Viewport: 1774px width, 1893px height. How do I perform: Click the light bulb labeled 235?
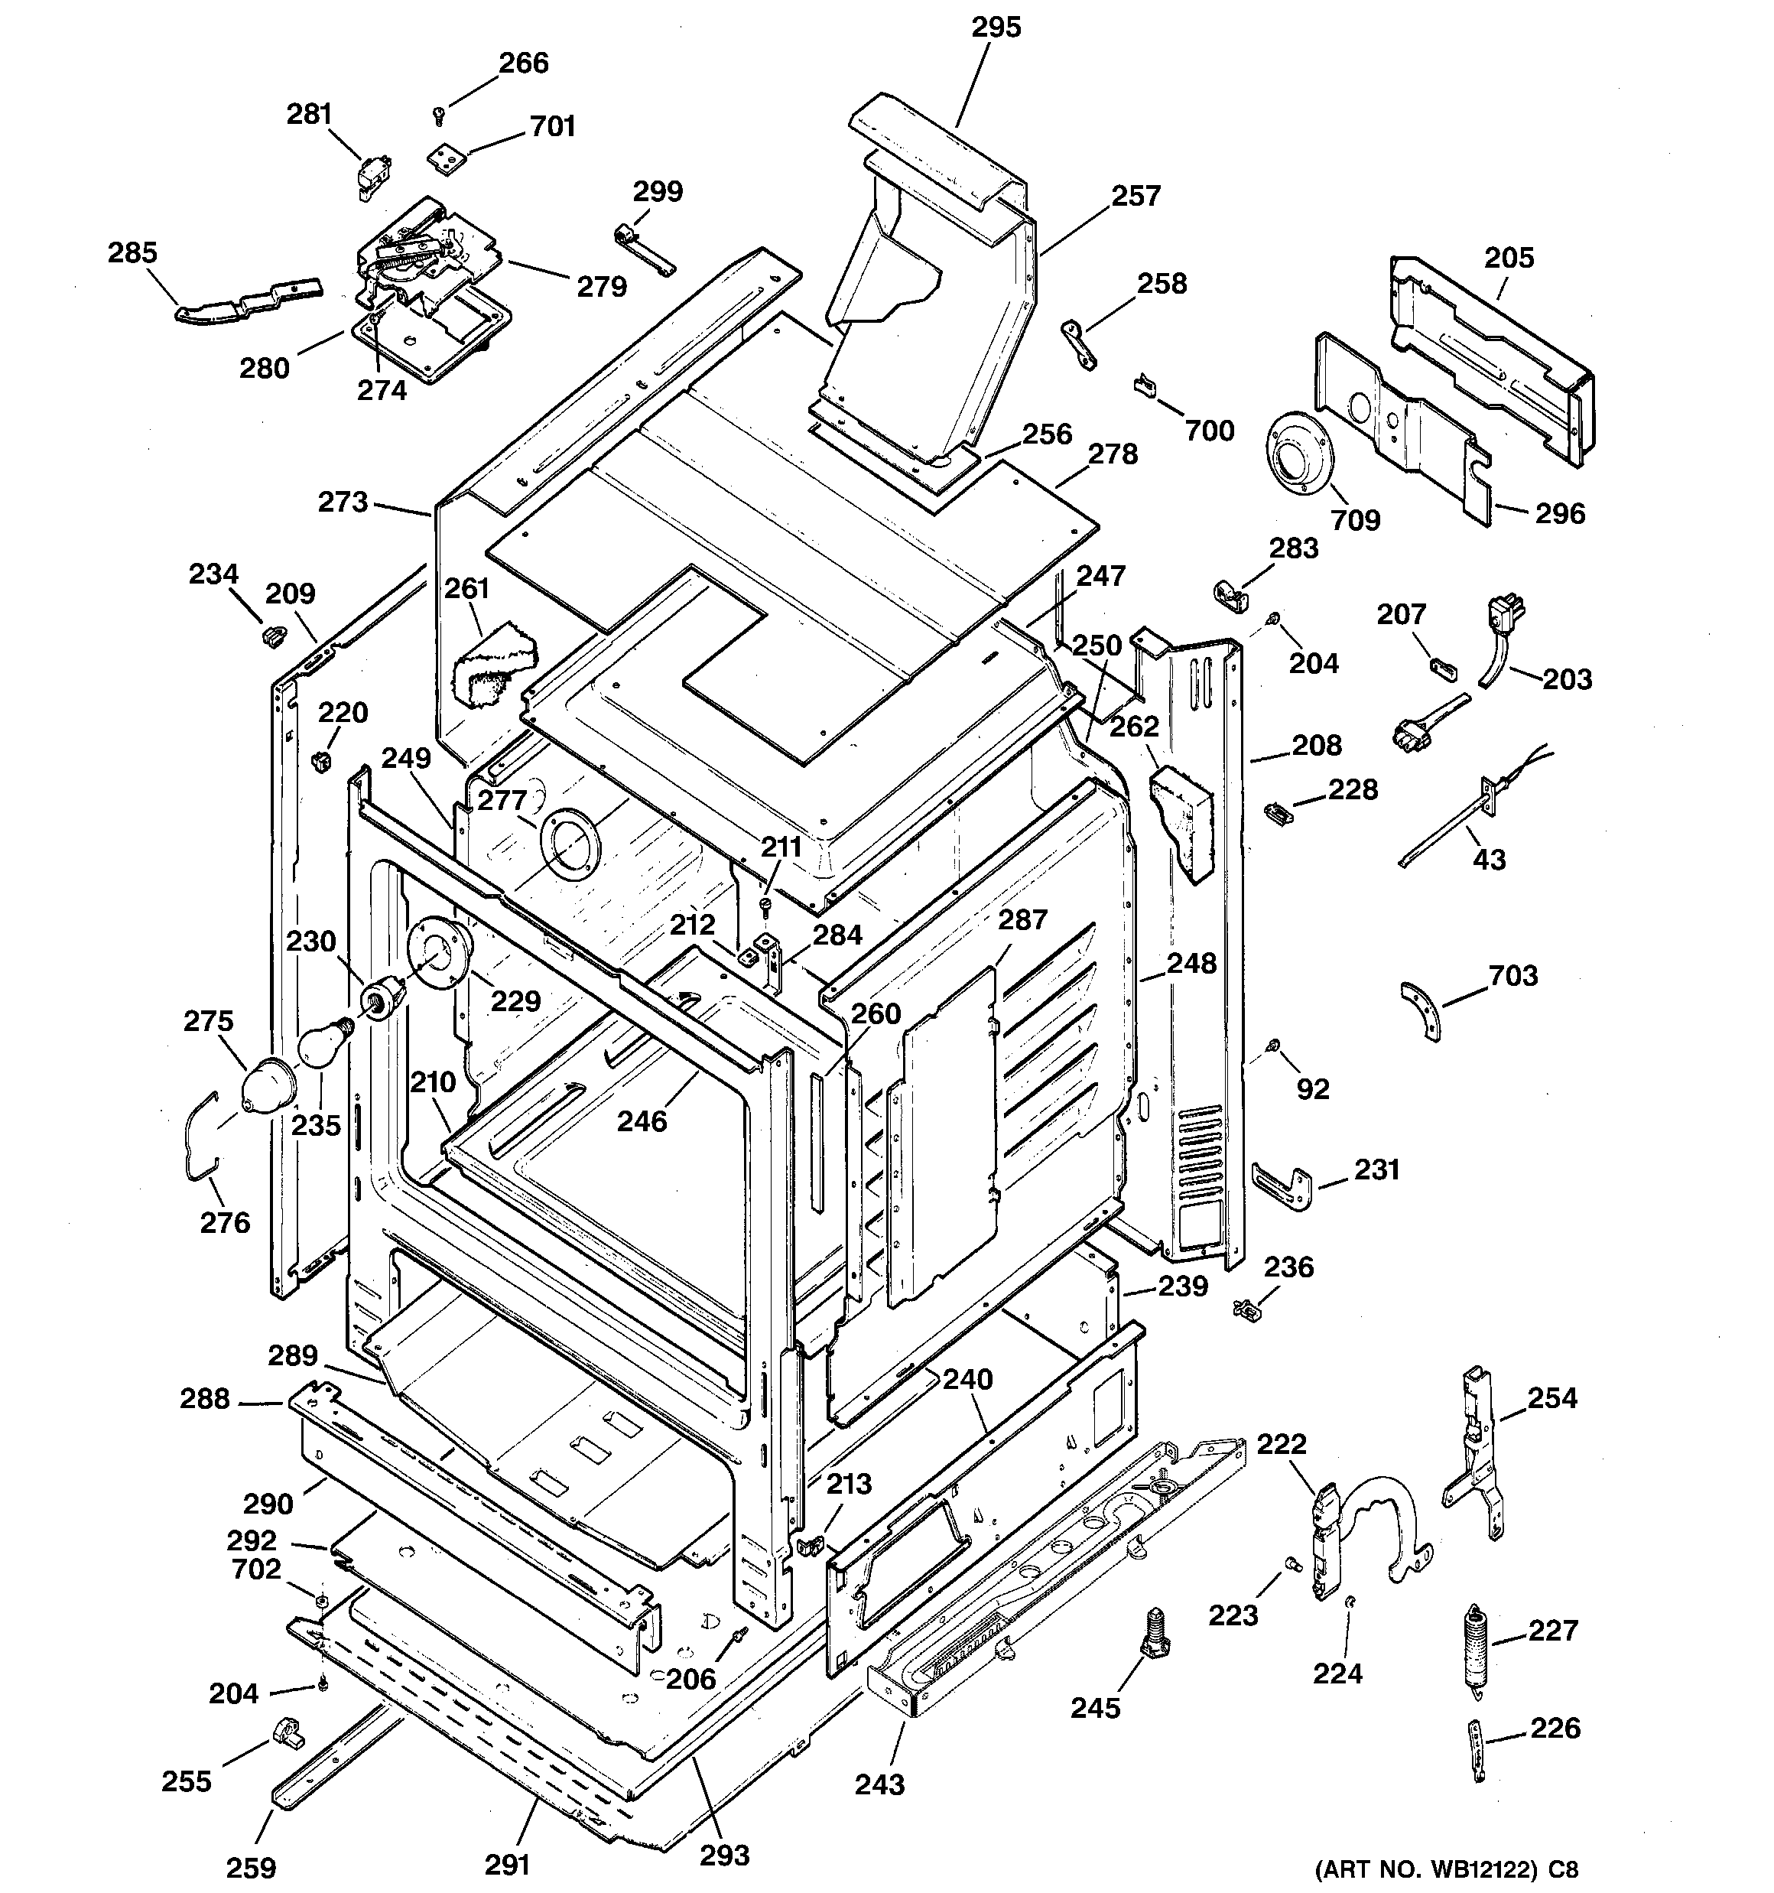323,1042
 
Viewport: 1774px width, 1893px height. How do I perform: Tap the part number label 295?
996,28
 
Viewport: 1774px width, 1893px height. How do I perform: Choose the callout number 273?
342,502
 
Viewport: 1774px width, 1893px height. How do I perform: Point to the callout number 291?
507,1863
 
